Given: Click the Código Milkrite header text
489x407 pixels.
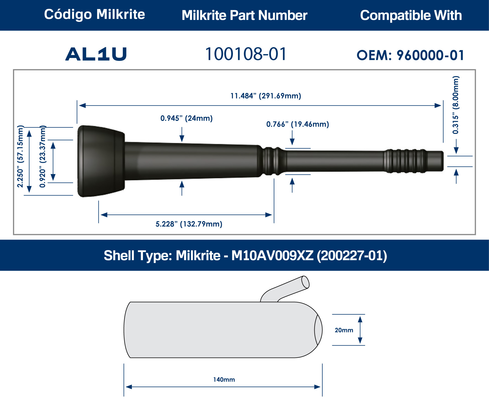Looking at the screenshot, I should pos(94,14).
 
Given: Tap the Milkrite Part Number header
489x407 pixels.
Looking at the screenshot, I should pos(244,15).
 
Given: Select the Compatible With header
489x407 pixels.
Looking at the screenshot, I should pos(411,15).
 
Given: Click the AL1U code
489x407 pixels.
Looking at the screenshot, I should pos(96,54).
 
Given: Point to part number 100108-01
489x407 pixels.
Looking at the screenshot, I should pos(246,54).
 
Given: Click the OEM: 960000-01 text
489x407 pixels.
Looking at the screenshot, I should pos(410,55).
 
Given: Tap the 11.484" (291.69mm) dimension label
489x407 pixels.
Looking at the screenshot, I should pos(265,96).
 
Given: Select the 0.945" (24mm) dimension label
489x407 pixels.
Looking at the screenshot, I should pos(186,118).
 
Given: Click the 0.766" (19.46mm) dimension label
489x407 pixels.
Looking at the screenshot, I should pos(297,124).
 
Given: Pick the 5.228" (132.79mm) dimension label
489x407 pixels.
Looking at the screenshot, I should pos(189,224).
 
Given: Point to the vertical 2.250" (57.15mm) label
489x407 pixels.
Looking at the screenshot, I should pos(20,156).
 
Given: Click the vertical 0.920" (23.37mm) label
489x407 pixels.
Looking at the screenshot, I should pos(42,156).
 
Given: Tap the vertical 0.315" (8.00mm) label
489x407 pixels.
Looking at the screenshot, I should pos(456,105).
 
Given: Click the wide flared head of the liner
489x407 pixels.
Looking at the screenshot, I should pos(101,161).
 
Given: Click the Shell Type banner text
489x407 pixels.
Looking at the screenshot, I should pos(245,256).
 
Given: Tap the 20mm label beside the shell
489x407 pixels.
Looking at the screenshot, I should pos(344,330).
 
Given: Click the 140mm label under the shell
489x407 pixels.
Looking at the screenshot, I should pos(224,380).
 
